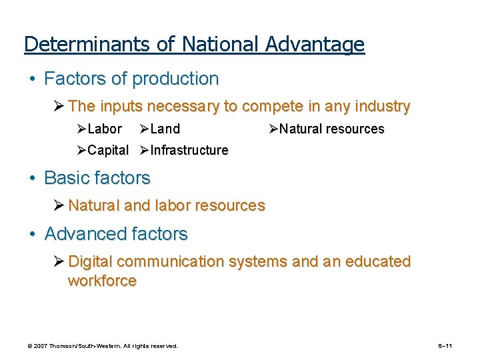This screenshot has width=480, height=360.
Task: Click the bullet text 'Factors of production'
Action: [131, 79]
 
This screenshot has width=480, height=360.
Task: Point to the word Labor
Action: [105, 129]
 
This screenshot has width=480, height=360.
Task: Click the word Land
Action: [165, 129]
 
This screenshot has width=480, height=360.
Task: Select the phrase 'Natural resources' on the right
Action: [331, 129]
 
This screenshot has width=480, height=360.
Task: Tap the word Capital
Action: [108, 150]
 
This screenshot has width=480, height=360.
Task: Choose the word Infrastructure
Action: [189, 150]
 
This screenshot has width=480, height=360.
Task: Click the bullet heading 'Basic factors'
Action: [97, 178]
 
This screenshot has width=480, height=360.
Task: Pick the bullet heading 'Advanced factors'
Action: [116, 234]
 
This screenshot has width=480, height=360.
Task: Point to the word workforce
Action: [102, 281]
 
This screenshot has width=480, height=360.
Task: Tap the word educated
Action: [376, 261]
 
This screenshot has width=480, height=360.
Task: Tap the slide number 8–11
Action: [445, 346]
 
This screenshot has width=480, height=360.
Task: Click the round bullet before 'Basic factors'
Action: [32, 179]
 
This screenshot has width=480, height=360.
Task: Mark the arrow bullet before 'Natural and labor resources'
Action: [60, 205]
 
